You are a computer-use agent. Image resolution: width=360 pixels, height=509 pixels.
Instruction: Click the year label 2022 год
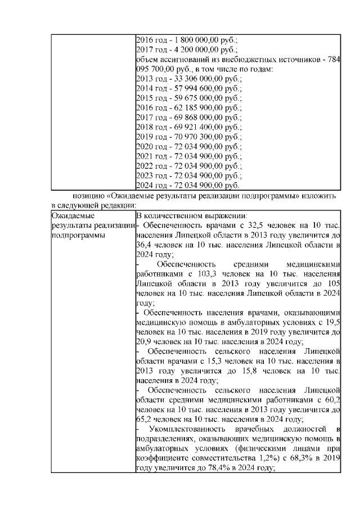(150, 165)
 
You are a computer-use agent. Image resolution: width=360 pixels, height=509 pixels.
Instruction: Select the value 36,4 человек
(145, 245)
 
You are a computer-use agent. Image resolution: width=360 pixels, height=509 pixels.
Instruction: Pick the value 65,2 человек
(145, 418)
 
